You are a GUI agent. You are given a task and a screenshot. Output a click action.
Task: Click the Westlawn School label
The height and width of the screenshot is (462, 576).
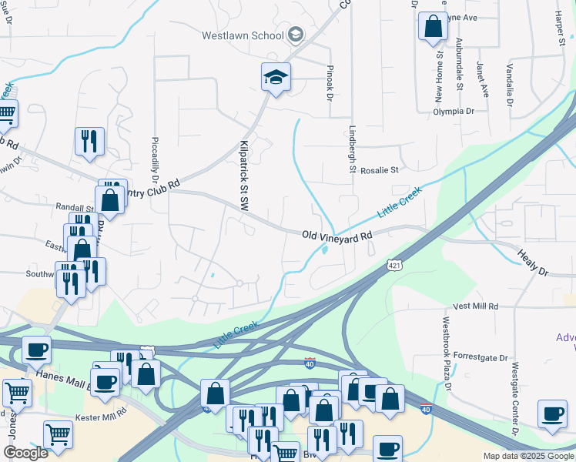point(242,35)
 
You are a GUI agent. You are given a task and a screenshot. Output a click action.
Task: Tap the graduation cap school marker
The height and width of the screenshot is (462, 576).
point(276,77)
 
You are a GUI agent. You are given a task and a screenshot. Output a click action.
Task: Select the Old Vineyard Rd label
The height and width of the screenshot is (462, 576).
point(337,236)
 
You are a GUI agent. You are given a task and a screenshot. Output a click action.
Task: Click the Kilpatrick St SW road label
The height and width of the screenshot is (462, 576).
point(244,172)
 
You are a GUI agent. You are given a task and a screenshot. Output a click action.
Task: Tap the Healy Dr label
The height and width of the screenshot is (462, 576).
point(532,263)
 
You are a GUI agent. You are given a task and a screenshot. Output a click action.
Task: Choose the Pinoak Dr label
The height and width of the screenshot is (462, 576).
point(329,83)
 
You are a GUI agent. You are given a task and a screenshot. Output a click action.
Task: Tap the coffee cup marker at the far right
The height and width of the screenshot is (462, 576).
point(551,414)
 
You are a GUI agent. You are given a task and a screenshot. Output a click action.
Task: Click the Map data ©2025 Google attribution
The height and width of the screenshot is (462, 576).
point(527,456)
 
